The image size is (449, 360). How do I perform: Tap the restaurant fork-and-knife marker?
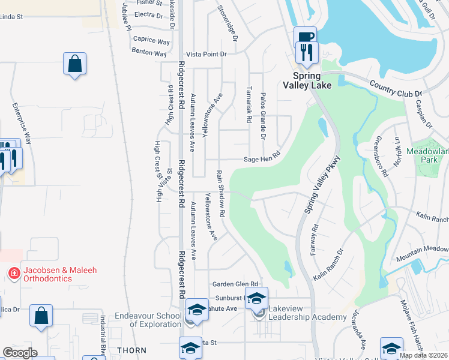(x=307, y=52)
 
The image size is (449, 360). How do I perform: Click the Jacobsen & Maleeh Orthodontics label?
(x=60, y=274)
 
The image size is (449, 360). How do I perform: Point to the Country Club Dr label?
(x=396, y=89)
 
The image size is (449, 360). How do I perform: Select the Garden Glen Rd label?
(x=235, y=284)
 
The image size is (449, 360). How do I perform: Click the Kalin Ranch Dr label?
(x=328, y=265)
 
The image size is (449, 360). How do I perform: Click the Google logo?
(x=20, y=353)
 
